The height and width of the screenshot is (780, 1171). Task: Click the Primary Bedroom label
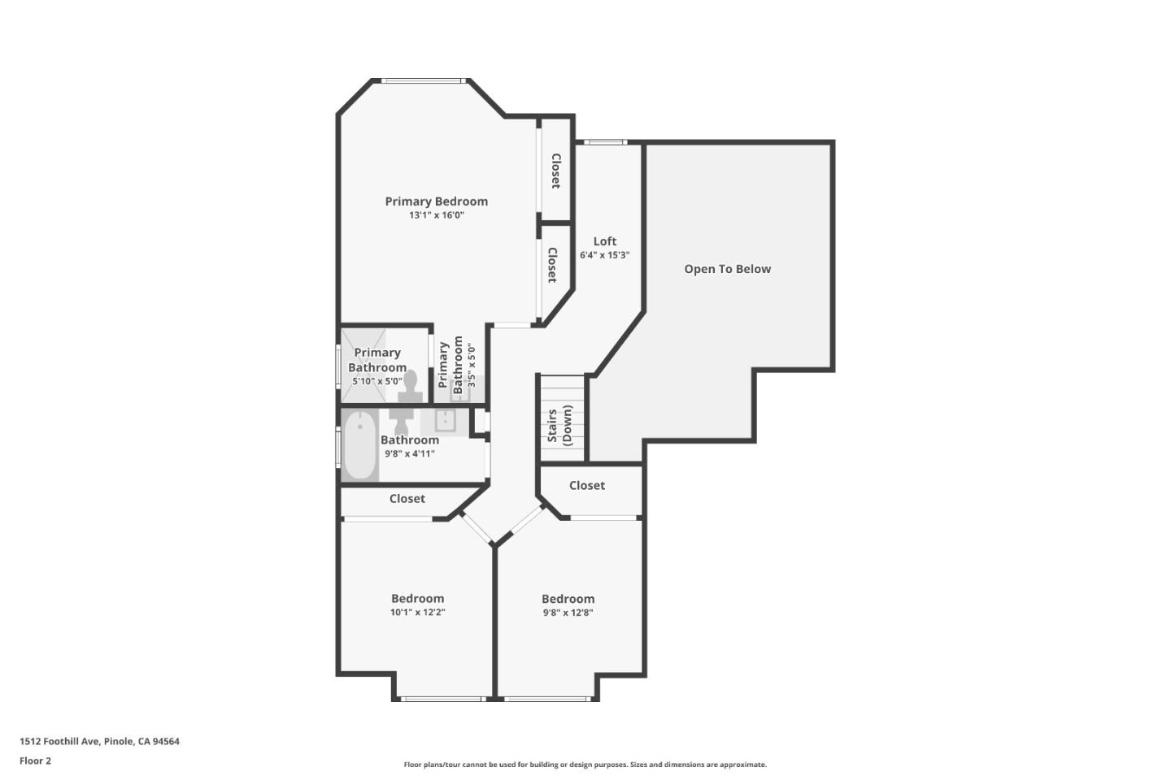click(x=436, y=201)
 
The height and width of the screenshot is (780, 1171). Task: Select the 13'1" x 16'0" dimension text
click(x=436, y=215)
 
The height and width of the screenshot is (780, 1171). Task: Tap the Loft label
click(x=604, y=241)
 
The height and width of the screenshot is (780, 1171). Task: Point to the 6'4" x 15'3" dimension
click(x=604, y=255)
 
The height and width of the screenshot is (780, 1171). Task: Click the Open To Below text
click(x=727, y=269)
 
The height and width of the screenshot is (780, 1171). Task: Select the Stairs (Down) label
click(x=559, y=426)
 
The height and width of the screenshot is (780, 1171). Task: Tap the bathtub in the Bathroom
click(x=359, y=446)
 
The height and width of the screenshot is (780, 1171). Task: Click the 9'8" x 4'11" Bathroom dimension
click(x=410, y=454)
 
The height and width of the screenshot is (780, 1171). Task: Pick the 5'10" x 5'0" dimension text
click(x=377, y=381)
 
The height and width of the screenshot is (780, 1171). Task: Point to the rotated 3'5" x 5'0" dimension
click(x=471, y=368)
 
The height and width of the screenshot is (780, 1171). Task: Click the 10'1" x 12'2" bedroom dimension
click(x=417, y=613)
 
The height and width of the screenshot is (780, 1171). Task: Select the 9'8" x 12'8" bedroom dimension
click(x=568, y=613)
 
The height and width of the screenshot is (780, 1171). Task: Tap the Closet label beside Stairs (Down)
click(x=586, y=486)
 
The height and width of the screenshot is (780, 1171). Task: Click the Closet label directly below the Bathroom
click(x=407, y=499)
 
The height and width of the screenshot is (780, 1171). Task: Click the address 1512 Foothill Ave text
click(x=99, y=741)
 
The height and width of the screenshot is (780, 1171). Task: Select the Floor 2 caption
click(x=35, y=761)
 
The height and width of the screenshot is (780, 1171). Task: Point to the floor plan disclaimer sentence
click(x=585, y=765)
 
